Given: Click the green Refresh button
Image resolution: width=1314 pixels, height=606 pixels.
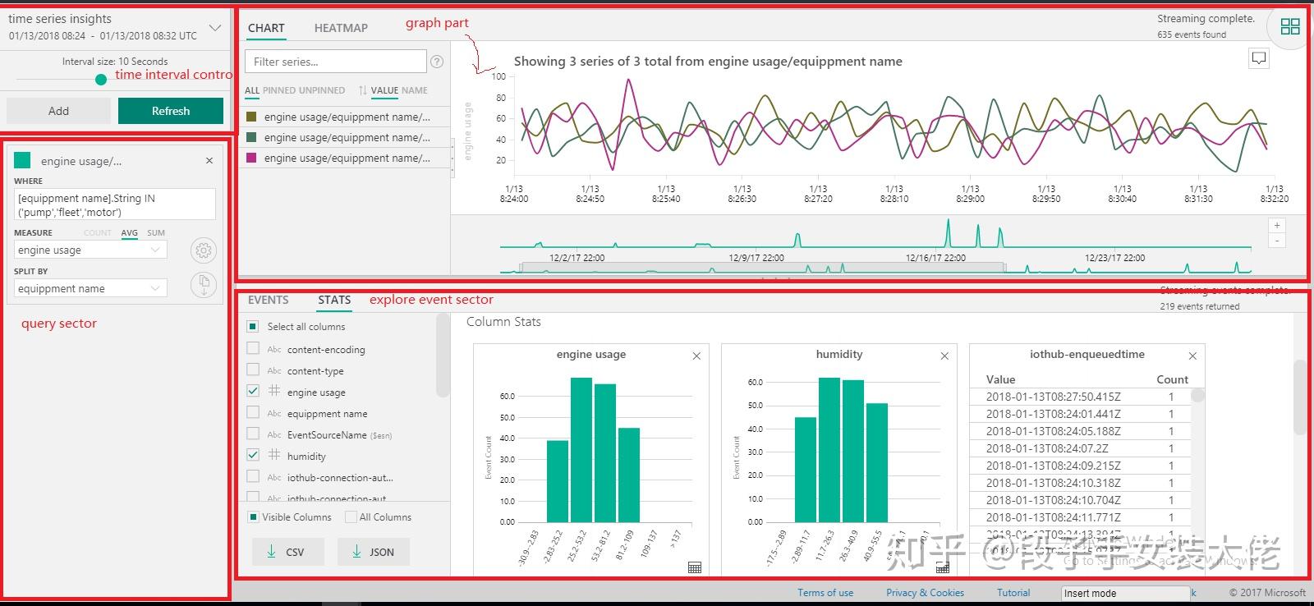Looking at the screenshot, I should pyautogui.click(x=170, y=111).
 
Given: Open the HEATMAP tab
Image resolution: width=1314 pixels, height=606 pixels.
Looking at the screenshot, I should pyautogui.click(x=341, y=28).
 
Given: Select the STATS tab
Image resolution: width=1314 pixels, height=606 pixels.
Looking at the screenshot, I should pyautogui.click(x=334, y=300).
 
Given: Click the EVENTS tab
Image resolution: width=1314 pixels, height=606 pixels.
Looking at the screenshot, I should pyautogui.click(x=269, y=300).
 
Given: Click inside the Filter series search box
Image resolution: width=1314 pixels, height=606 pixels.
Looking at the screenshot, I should pyautogui.click(x=335, y=62).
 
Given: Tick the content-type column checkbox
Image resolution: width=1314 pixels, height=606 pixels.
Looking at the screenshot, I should pyautogui.click(x=253, y=370).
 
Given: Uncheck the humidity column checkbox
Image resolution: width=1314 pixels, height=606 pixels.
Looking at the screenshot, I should pyautogui.click(x=253, y=455).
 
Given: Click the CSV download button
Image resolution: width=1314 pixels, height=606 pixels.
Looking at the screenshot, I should pyautogui.click(x=287, y=552).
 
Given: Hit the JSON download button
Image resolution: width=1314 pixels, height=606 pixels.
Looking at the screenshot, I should pyautogui.click(x=373, y=552).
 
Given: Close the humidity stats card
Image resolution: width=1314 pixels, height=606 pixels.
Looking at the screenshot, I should pyautogui.click(x=944, y=356).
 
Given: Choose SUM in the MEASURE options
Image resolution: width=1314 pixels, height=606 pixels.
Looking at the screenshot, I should pyautogui.click(x=156, y=233).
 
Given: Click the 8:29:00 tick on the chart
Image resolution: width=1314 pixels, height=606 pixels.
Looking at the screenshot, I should pyautogui.click(x=971, y=194).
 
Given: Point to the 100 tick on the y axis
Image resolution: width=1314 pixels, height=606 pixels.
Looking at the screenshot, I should pyautogui.click(x=499, y=76).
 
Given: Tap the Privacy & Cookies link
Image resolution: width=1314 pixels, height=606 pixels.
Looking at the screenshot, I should pyautogui.click(x=925, y=593).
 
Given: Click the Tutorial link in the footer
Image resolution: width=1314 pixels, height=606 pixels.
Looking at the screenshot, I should pyautogui.click(x=1013, y=593).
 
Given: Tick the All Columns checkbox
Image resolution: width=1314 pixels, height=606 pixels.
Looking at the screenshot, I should pyautogui.click(x=351, y=517).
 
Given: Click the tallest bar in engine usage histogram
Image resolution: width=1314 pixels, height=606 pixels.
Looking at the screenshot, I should pyautogui.click(x=581, y=449).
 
